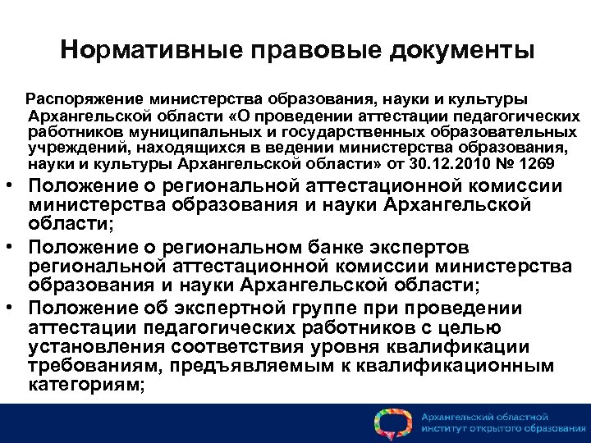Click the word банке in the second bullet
(355, 247)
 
